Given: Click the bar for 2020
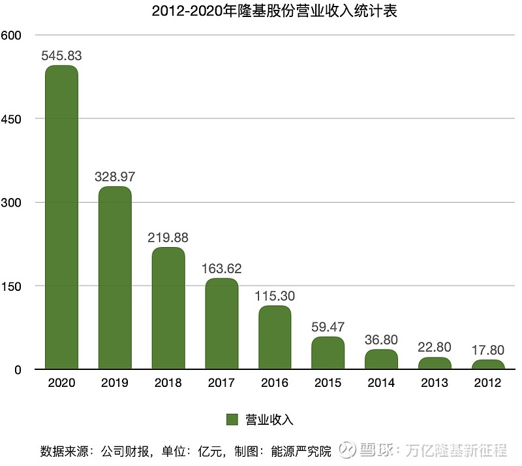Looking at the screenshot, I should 61,217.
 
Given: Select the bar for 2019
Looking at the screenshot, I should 115,278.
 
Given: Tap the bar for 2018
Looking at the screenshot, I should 168,308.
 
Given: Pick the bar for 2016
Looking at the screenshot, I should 275,337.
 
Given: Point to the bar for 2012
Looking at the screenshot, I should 487,365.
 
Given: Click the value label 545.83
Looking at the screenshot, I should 61,56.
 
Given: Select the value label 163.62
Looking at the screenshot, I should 221,269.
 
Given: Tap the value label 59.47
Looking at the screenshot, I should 328,327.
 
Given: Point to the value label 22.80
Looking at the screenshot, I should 435,348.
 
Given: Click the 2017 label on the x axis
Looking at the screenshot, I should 221,383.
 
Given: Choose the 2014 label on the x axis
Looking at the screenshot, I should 381,383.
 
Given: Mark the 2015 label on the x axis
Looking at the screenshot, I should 328,383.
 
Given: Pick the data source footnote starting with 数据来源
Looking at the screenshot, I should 185,451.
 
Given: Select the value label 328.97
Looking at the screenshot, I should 115,177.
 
